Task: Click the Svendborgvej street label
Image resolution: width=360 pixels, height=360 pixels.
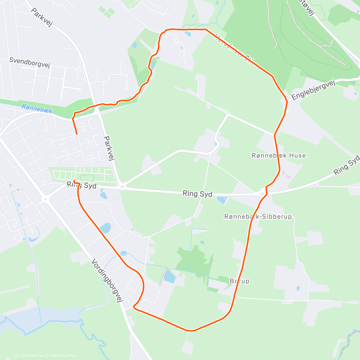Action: pos(29,62)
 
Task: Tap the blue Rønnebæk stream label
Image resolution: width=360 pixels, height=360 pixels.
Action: pos(37,109)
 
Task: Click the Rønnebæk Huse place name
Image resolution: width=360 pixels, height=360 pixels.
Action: pos(279,155)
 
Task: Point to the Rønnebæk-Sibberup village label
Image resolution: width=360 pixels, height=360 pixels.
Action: pos(258,217)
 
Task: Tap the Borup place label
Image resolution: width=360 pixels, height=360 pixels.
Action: pos(239,281)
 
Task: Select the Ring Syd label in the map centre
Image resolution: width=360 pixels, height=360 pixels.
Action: pos(197,194)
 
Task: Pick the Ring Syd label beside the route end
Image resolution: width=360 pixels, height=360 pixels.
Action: pos(82,185)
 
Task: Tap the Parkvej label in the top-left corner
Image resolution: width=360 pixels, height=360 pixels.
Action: pos(42,17)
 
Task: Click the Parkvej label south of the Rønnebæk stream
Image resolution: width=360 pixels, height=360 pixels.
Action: pos(109,148)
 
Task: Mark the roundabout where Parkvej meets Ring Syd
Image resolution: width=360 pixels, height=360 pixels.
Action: pos(122,187)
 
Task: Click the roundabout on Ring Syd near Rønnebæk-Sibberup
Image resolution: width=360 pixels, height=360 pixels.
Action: pos(262,194)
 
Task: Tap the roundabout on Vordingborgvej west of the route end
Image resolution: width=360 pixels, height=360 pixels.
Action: pos(45,199)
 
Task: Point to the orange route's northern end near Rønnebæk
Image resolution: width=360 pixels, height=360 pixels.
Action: pos(76,134)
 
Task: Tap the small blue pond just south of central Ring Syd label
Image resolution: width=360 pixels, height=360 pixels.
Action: pos(222,200)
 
